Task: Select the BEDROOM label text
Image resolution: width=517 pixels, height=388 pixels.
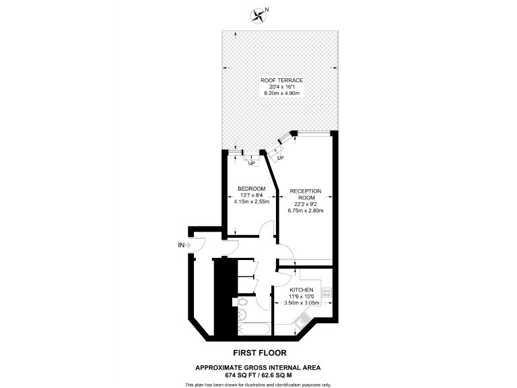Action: coord(251,188)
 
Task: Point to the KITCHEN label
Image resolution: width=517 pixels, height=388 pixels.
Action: coord(301,290)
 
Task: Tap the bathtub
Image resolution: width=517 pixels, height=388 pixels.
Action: coord(254,330)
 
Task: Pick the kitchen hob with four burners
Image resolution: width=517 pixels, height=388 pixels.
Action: coord(326,292)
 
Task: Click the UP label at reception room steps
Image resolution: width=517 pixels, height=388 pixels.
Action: coord(280,158)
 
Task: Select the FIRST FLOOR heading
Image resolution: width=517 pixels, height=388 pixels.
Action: coord(258,352)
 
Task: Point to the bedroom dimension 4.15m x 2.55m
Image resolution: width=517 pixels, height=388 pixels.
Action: coord(251,201)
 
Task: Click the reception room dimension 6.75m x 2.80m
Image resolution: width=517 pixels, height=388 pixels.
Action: coord(306,211)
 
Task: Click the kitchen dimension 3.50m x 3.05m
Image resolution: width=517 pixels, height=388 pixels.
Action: coord(301,303)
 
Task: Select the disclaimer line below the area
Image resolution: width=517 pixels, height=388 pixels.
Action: coord(258,384)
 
